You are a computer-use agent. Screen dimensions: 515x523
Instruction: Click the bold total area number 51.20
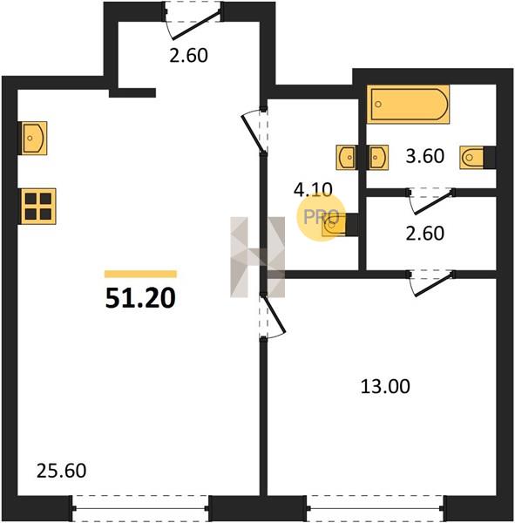[140, 298]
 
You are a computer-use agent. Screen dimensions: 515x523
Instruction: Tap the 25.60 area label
[61, 471]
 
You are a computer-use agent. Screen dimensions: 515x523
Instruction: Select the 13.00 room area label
[385, 386]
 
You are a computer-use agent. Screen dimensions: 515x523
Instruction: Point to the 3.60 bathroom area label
[425, 156]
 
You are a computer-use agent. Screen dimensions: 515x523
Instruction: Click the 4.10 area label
[313, 190]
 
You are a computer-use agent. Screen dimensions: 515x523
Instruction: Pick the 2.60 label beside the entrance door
[188, 55]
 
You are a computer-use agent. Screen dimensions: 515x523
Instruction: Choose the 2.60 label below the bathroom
[425, 233]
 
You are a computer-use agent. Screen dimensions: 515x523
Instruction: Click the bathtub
[409, 104]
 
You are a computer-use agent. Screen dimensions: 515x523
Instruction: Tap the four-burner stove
[38, 207]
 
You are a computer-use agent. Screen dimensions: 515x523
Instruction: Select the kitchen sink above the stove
[34, 138]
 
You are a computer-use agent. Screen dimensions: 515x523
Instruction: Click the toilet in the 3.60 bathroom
[472, 157]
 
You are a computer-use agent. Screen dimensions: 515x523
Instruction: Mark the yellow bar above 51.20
[140, 274]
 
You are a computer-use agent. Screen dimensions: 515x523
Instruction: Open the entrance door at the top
[193, 20]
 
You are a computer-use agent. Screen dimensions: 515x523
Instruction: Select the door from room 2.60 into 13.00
[431, 283]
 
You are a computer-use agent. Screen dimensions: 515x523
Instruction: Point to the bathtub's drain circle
[378, 105]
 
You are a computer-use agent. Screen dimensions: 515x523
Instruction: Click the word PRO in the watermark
[321, 217]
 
